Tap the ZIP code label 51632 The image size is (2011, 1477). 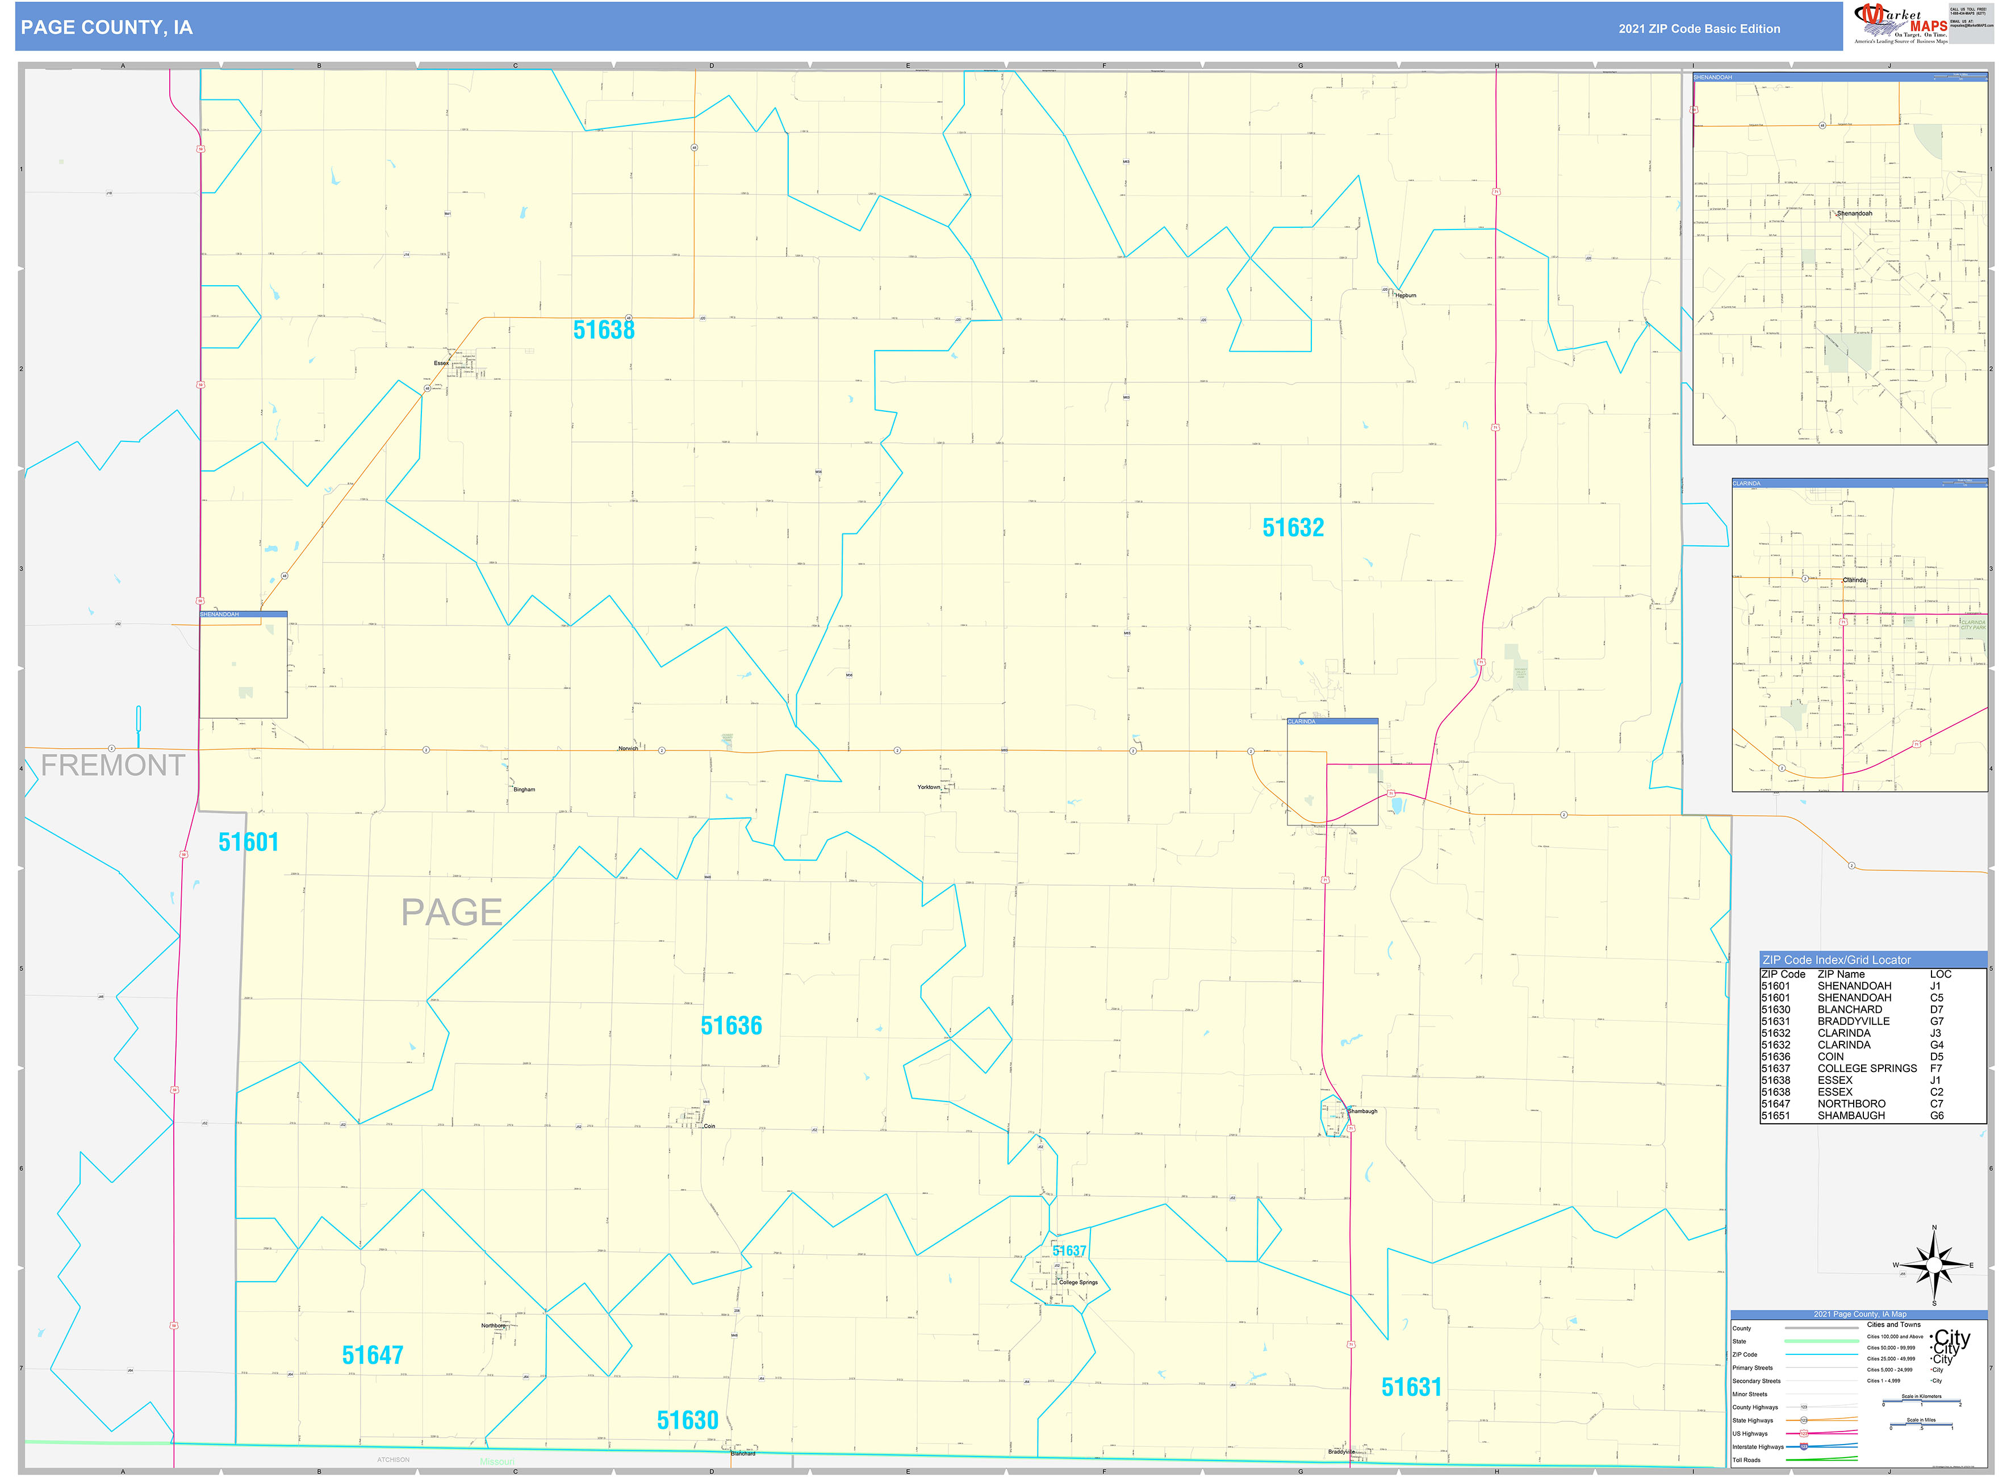pos(1293,528)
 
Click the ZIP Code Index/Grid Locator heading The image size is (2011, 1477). pos(1837,960)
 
